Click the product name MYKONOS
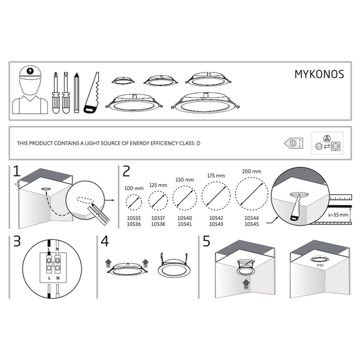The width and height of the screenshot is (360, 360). coord(318,75)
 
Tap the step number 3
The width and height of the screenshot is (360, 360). coord(17,243)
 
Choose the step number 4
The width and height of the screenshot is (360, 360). coord(106,243)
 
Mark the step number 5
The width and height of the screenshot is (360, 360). coord(207,243)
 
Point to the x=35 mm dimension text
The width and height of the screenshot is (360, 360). coord(338,214)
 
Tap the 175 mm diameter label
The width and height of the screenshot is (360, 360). coord(216,176)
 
